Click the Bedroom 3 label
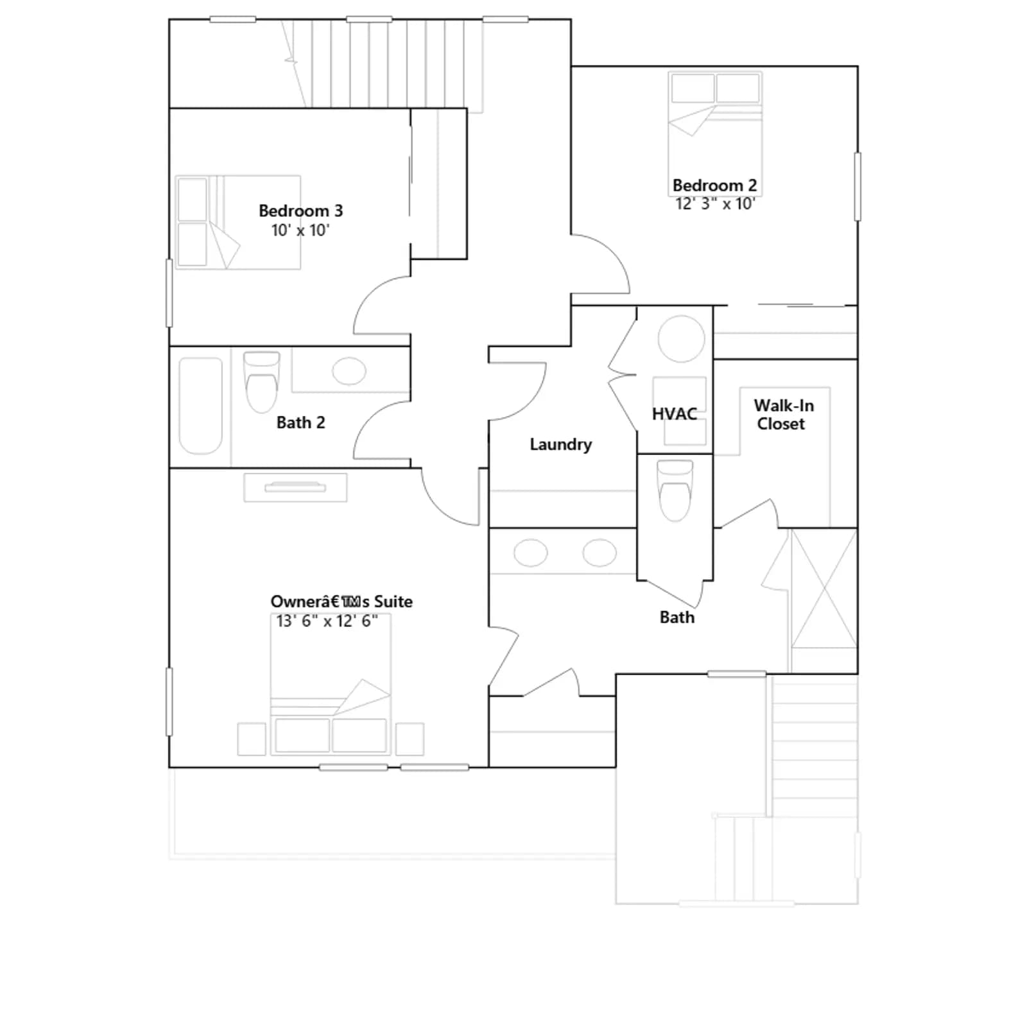pyautogui.click(x=300, y=211)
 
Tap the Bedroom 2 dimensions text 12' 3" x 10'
pyautogui.click(x=715, y=203)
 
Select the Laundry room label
pyautogui.click(x=560, y=444)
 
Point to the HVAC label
pyautogui.click(x=675, y=414)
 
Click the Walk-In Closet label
pyautogui.click(x=783, y=415)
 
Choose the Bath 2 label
pyautogui.click(x=300, y=422)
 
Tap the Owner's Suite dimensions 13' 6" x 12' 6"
pyautogui.click(x=327, y=621)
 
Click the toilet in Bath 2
pyautogui.click(x=262, y=382)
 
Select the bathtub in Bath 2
pyautogui.click(x=200, y=406)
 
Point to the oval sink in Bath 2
pyautogui.click(x=349, y=371)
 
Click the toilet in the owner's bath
pyautogui.click(x=675, y=490)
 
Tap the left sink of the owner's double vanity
pyautogui.click(x=531, y=553)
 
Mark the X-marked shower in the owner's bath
pyautogui.click(x=824, y=588)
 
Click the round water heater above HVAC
pyautogui.click(x=681, y=339)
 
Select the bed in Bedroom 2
pyautogui.click(x=715, y=125)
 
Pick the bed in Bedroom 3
pyautogui.click(x=238, y=222)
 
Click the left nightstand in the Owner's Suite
pyautogui.click(x=252, y=739)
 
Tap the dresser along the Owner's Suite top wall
pyautogui.click(x=295, y=488)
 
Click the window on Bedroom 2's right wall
pyautogui.click(x=858, y=186)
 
